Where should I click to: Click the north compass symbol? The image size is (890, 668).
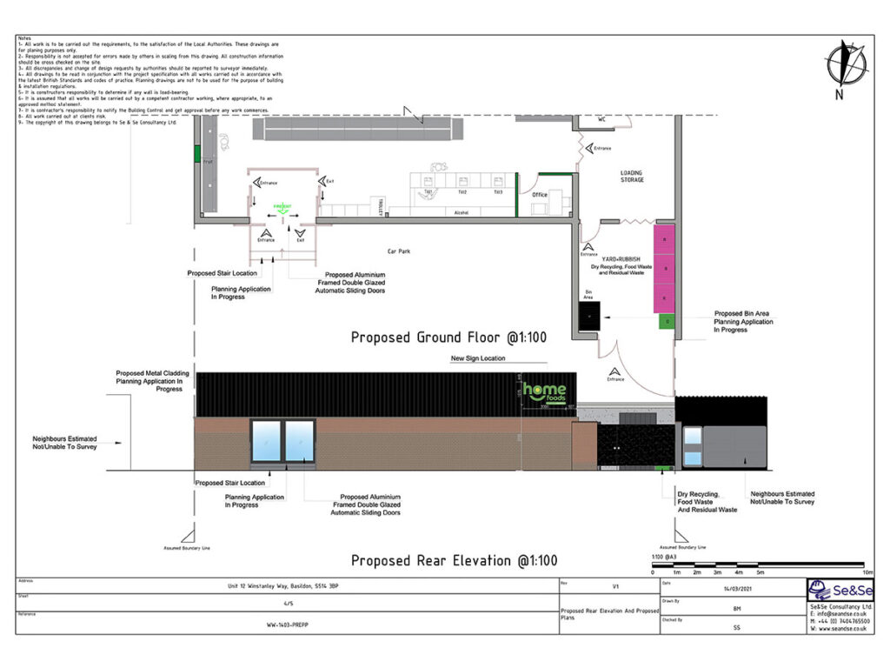coord(846,66)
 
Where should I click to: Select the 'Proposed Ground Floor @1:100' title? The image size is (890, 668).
coord(448,337)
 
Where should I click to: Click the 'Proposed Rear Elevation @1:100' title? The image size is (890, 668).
coord(454,560)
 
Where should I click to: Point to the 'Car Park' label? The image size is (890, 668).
coord(398,251)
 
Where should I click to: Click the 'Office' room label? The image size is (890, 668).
coord(540,195)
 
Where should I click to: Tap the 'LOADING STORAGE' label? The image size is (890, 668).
coord(632,177)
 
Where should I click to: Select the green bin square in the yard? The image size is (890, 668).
coord(667,322)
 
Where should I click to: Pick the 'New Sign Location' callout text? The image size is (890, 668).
coord(477,358)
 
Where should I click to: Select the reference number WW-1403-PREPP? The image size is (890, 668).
coord(288,625)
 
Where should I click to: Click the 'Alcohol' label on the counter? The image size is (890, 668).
coord(462,212)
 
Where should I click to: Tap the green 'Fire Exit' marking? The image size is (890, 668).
coord(281,207)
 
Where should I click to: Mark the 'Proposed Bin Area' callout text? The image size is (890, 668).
coord(743,322)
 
